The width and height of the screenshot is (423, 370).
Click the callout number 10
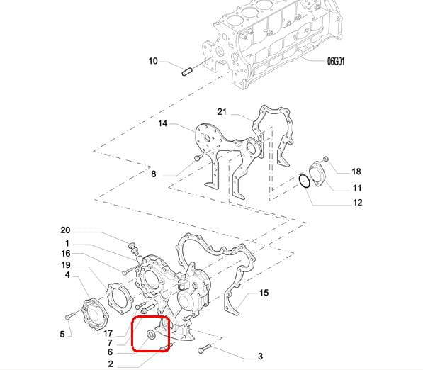(x=153, y=61)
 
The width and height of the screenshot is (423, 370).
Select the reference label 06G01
(x=336, y=61)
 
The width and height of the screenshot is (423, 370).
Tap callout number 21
(x=222, y=111)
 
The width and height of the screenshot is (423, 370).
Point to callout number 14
(x=163, y=123)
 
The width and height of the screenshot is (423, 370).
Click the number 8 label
(x=154, y=174)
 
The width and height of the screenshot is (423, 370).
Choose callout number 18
(x=356, y=172)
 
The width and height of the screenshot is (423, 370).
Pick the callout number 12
(x=357, y=203)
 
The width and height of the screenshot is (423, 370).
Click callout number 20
(x=65, y=230)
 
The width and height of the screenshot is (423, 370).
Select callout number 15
(x=264, y=293)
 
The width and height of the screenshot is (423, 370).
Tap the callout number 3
(x=260, y=357)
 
